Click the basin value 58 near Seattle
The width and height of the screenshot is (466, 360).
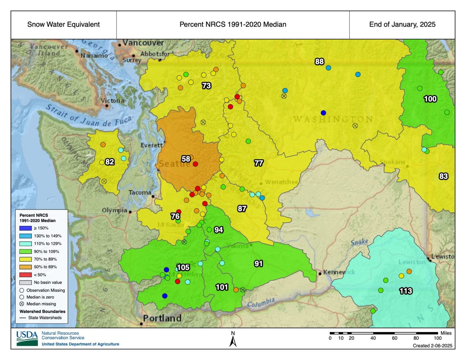coord(186,159)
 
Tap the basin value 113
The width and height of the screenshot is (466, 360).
coord(406,291)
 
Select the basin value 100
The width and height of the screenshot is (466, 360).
coord(430,99)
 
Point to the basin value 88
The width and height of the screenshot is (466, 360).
coord(319,62)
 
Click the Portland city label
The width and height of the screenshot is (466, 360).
coord(162,318)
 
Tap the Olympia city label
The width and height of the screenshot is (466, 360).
coord(114,210)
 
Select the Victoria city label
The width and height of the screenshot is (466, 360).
coord(113,101)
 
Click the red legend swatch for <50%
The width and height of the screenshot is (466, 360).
coord(25,275)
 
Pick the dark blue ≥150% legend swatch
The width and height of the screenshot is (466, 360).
coord(25,228)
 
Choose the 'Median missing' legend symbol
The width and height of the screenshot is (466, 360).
coord(22,304)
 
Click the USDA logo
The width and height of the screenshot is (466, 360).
coord(27,338)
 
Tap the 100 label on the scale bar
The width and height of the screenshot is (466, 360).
coord(437,338)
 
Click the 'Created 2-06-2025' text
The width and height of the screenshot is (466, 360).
coord(432,346)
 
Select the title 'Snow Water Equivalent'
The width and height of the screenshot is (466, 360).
coord(63,25)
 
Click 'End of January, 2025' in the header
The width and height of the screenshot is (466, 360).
coord(402,25)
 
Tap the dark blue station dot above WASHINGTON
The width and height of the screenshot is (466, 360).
coord(323,113)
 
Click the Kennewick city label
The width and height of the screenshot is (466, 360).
coord(339,272)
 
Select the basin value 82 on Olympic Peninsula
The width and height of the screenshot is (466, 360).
coord(110,162)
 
